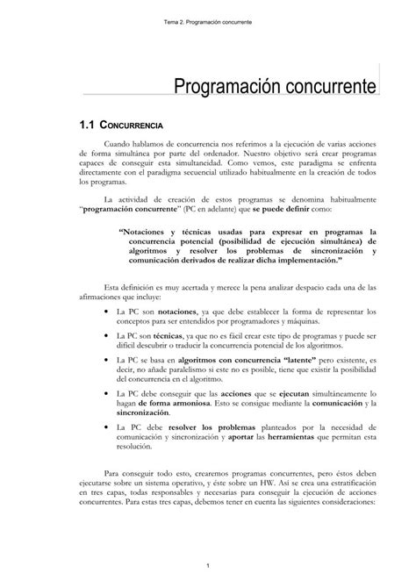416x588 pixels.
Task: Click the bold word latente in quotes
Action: (278, 361)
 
